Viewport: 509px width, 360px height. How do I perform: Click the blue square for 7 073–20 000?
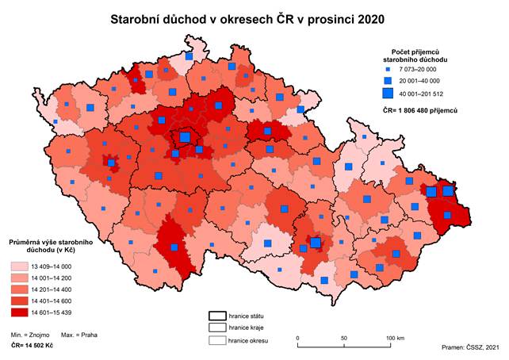[x=389, y=70]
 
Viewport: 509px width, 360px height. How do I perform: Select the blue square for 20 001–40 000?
[x=389, y=82]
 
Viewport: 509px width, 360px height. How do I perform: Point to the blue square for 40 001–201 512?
[x=389, y=95]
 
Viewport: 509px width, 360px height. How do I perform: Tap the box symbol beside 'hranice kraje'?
[x=217, y=327]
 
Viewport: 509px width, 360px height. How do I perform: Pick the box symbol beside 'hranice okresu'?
[x=217, y=341]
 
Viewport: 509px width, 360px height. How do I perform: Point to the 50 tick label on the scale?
[x=344, y=339]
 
